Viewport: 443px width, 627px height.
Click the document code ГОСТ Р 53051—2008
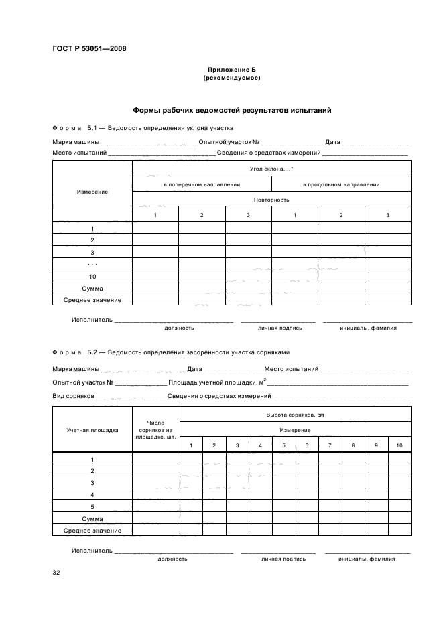click(x=89, y=48)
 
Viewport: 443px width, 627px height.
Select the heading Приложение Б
click(x=231, y=70)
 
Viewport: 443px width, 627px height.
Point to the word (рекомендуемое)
click(x=231, y=78)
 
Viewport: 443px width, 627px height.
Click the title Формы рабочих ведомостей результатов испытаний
click(x=231, y=110)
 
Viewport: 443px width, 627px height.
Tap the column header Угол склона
click(x=271, y=169)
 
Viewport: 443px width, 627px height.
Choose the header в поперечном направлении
click(x=202, y=184)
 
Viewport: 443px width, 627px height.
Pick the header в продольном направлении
click(x=341, y=184)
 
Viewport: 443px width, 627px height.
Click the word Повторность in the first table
click(x=271, y=200)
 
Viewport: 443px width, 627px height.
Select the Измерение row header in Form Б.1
click(x=92, y=192)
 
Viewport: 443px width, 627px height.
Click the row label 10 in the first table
click(x=92, y=276)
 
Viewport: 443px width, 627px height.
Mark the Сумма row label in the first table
click(x=92, y=288)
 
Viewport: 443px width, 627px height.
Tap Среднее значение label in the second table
click(x=92, y=531)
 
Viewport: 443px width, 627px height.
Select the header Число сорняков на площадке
click(x=155, y=430)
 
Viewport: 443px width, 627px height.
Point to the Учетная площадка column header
click(x=92, y=430)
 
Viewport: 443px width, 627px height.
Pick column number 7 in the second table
click(x=330, y=445)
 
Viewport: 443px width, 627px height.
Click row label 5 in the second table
click(x=92, y=506)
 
